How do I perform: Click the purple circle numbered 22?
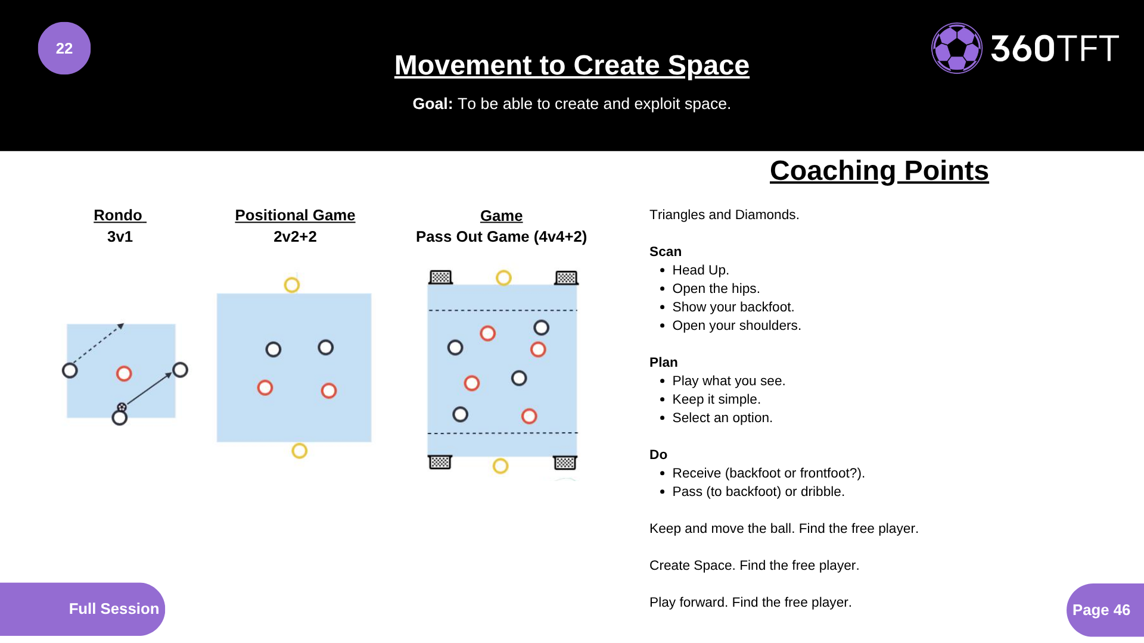click(64, 48)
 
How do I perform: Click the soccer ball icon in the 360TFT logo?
click(956, 48)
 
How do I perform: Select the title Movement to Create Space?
click(571, 65)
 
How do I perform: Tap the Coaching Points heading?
click(879, 171)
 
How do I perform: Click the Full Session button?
click(113, 608)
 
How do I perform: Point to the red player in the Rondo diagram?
click(124, 374)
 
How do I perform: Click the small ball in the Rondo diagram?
click(122, 407)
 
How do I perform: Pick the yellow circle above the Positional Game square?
click(292, 285)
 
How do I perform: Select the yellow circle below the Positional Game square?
click(300, 451)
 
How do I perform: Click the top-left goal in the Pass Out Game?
click(441, 277)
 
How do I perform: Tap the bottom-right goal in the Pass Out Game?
click(565, 463)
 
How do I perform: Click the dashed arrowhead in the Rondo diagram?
click(121, 326)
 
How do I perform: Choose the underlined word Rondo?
click(118, 216)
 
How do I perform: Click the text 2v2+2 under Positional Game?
click(295, 237)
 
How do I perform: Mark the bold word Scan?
click(666, 252)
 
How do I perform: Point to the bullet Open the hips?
click(716, 289)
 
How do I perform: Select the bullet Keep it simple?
click(716, 399)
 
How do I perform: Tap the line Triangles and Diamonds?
click(724, 215)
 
